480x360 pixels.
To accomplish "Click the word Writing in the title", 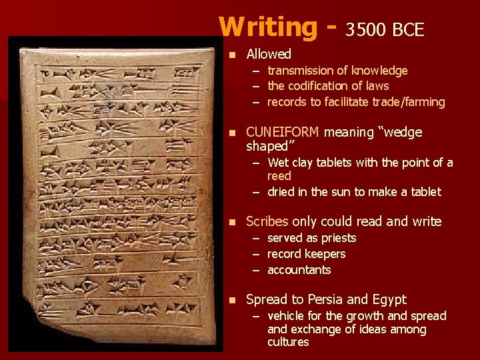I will click(268, 27).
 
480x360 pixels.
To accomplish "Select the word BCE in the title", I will click(408, 29).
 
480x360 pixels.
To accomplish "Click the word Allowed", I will click(269, 54).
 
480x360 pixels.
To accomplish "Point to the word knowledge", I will click(379, 71).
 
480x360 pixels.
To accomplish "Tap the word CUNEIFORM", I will click(283, 132).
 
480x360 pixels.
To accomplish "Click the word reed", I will click(279, 176).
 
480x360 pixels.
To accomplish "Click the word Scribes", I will click(267, 221).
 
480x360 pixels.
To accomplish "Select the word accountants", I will click(299, 270).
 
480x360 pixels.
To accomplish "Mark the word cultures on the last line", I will click(288, 342).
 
